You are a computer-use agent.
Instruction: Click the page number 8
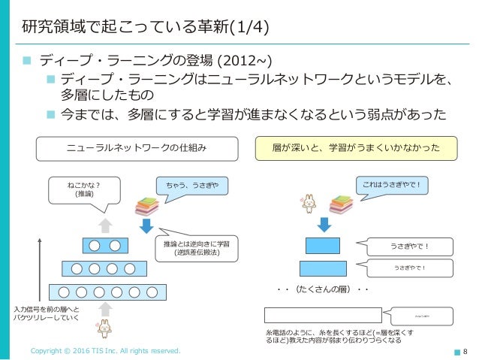[465, 351]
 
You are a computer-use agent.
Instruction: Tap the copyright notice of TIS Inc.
[105, 351]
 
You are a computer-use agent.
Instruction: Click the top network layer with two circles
[105, 245]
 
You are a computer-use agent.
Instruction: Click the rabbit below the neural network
[104, 327]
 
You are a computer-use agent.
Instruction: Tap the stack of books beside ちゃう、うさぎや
[146, 204]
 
